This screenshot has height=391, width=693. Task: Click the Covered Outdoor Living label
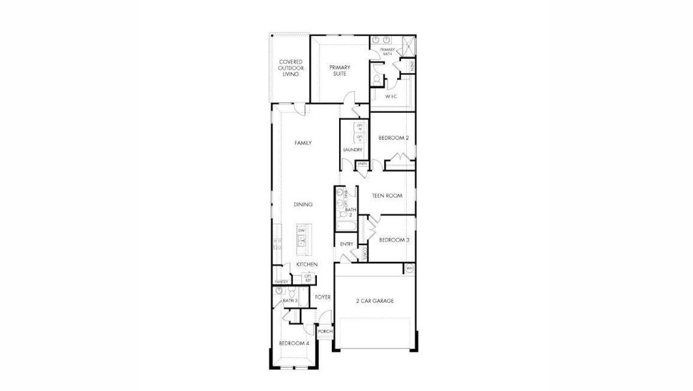pyautogui.click(x=290, y=68)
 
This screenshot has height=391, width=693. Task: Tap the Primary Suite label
pyautogui.click(x=340, y=70)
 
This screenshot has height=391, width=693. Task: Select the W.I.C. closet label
pyautogui.click(x=391, y=96)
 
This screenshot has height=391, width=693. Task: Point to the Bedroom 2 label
pyautogui.click(x=394, y=138)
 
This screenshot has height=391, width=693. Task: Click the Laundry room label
pyautogui.click(x=353, y=150)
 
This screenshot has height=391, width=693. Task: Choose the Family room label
pyautogui.click(x=302, y=143)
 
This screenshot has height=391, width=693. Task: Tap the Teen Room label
pyautogui.click(x=387, y=195)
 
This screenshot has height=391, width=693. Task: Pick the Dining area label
pyautogui.click(x=303, y=205)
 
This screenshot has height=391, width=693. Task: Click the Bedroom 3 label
pyautogui.click(x=394, y=239)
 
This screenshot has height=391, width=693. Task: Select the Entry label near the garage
pyautogui.click(x=346, y=244)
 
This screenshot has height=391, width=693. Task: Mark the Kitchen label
pyautogui.click(x=306, y=265)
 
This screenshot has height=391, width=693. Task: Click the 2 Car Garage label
pyautogui.click(x=375, y=301)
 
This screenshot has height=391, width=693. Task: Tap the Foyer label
pyautogui.click(x=323, y=297)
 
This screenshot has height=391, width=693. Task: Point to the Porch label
pyautogui.click(x=325, y=331)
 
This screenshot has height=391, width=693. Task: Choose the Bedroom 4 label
pyautogui.click(x=294, y=343)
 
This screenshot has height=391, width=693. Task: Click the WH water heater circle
pyautogui.click(x=409, y=268)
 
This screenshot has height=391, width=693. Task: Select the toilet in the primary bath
pyautogui.click(x=377, y=79)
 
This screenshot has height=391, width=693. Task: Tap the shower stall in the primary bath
pyautogui.click(x=408, y=46)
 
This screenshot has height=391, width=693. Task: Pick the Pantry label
pyautogui.click(x=281, y=282)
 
